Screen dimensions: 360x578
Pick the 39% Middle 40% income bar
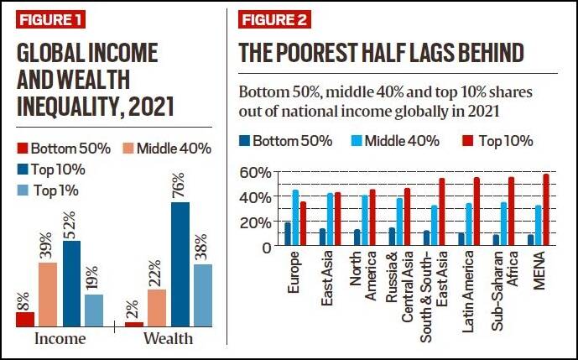[x=47, y=295]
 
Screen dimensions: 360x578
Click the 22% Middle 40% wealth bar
[x=155, y=308]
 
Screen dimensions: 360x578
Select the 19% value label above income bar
[x=93, y=278]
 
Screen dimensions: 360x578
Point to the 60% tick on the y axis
[x=255, y=173]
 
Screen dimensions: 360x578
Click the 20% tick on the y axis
[x=255, y=222]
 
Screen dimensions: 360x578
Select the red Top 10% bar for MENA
[x=546, y=210]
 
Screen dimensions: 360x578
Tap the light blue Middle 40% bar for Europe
[x=295, y=218]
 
